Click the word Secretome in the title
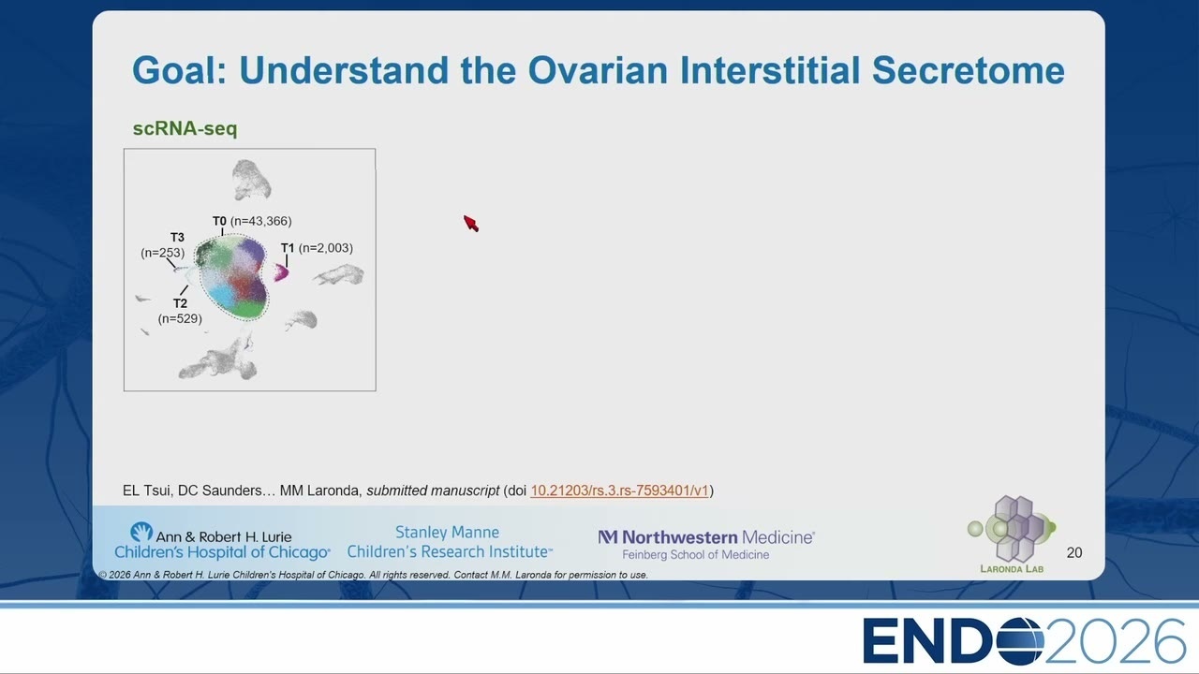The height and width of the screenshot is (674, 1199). tap(968, 70)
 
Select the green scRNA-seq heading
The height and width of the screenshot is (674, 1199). tap(185, 128)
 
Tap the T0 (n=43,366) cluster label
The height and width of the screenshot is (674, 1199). tap(252, 221)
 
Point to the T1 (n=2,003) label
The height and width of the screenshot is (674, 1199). tap(317, 248)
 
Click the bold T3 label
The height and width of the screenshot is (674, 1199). tap(177, 237)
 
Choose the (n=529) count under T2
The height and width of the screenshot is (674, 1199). tap(180, 318)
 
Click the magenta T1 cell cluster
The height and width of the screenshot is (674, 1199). tap(281, 272)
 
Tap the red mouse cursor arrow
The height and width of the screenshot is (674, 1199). tap(471, 224)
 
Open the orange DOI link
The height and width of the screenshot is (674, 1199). tap(619, 491)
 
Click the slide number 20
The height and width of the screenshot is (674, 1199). tap(1073, 552)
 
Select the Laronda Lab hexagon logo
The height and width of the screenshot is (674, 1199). tap(1012, 529)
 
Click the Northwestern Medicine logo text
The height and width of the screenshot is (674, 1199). tap(706, 537)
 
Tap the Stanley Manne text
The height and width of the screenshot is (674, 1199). tap(447, 533)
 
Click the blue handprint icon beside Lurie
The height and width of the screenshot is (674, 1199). tap(141, 533)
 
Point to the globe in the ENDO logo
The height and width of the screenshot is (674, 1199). tap(1020, 641)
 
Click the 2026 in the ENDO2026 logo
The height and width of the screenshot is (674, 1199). tap(1115, 641)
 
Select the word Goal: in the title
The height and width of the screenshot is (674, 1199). tap(179, 70)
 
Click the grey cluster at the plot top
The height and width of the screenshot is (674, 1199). tap(251, 180)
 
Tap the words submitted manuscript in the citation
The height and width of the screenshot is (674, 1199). tap(433, 491)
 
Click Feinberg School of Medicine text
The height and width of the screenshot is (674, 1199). tap(695, 555)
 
